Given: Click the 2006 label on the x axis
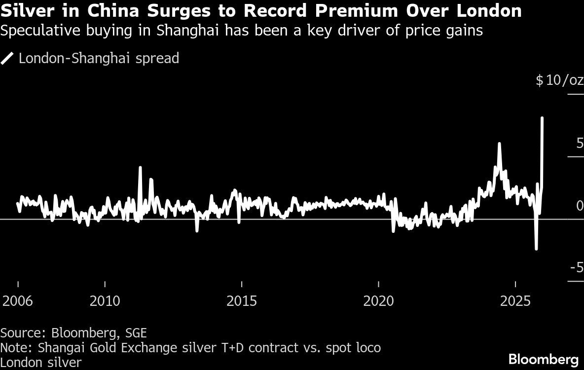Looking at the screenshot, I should [18, 301].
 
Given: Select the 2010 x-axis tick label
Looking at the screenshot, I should [105, 301].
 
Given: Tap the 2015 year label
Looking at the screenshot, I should [242, 301].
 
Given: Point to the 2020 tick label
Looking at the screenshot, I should [378, 301].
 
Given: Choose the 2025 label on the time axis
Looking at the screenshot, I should [515, 301].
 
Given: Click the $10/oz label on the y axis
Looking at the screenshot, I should [559, 80].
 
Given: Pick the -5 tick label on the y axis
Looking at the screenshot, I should [577, 267].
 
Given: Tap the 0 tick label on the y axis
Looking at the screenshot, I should [580, 206].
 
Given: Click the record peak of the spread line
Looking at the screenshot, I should [543, 118].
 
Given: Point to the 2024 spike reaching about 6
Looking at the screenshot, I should [500, 144].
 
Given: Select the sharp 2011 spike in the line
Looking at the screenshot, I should [140, 167].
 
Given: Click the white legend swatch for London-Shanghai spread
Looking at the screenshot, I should [7, 59].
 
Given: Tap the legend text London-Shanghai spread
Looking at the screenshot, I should [99, 59].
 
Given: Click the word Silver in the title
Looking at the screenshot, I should [23, 10].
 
